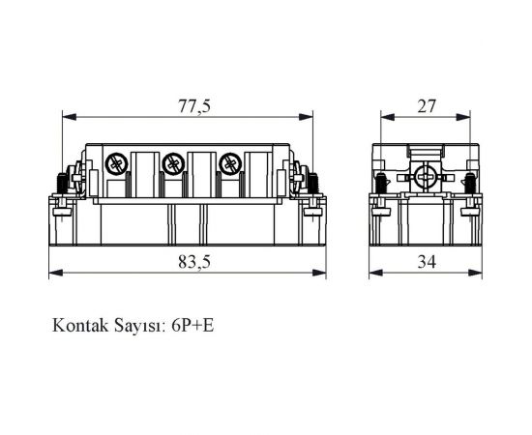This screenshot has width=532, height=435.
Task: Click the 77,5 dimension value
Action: click(192, 106)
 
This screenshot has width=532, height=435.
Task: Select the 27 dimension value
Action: click(427, 106)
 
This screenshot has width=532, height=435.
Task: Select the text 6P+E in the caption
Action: click(192, 325)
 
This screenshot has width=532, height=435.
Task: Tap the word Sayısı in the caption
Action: click(139, 325)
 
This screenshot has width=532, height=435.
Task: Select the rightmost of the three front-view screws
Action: click(230, 162)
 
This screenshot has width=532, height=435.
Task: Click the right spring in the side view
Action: click(469, 181)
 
